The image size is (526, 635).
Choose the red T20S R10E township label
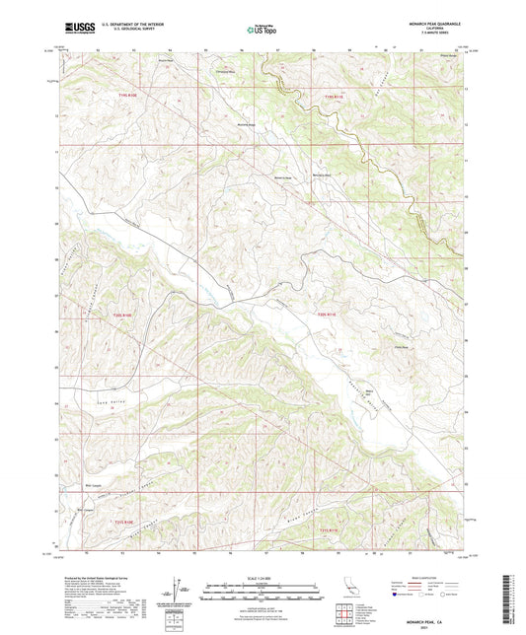pyautogui.click(x=120, y=313)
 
